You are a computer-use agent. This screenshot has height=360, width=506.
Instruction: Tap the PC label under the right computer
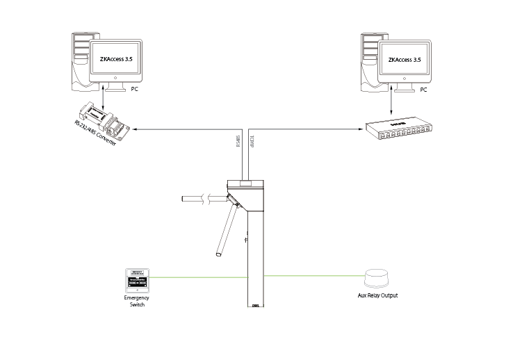point(423,90)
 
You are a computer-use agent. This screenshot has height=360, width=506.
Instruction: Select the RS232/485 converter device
point(102,120)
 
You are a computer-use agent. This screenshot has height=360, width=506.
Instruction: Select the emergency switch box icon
point(137,281)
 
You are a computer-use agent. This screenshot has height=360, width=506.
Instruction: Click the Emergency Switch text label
point(137,301)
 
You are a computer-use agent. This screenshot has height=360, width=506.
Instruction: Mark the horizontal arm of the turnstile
point(202,199)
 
